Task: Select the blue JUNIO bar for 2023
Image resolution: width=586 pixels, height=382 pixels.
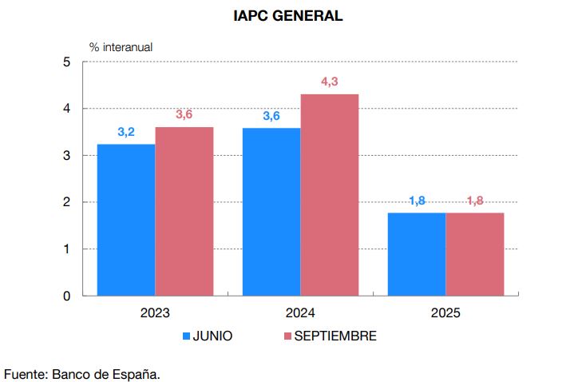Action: (126, 220)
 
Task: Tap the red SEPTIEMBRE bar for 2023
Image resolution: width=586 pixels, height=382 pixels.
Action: (184, 212)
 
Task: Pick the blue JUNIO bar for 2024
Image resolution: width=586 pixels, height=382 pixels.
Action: (271, 212)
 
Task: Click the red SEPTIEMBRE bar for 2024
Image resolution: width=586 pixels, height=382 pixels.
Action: (329, 195)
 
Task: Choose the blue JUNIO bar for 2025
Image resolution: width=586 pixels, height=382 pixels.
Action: (416, 254)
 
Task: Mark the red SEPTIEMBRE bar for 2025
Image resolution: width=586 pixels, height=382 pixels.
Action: (474, 254)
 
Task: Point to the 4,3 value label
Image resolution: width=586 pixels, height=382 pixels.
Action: (329, 82)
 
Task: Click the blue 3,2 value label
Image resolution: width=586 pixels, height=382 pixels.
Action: (126, 132)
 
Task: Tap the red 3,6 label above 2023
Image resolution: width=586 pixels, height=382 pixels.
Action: (184, 114)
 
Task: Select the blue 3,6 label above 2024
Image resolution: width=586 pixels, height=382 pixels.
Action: (271, 116)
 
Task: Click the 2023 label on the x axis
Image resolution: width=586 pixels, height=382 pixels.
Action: (155, 313)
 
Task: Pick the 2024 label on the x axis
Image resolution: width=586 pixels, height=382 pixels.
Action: (300, 313)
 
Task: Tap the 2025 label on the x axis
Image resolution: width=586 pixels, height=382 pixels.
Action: (445, 313)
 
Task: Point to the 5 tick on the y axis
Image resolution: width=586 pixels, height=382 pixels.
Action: (66, 62)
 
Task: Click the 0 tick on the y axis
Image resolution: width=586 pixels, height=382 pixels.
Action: (66, 296)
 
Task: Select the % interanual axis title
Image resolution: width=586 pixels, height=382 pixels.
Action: (121, 46)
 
